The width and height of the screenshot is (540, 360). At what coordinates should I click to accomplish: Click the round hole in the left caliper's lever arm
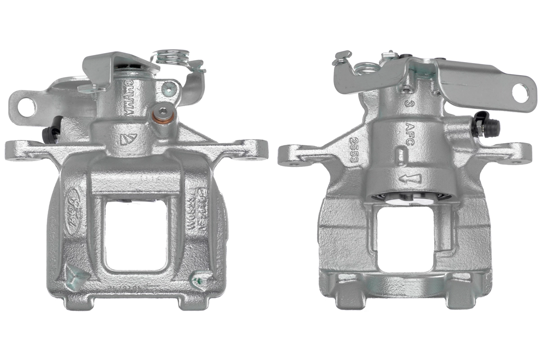click(x=27, y=106)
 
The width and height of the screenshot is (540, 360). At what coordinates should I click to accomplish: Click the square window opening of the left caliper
click(x=136, y=234)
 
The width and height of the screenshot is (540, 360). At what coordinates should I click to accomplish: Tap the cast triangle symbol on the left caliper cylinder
click(x=127, y=139)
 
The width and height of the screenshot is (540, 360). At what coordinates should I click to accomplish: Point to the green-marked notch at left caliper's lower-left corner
click(x=73, y=274)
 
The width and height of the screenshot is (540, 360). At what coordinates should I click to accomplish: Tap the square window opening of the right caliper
click(x=405, y=238)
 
